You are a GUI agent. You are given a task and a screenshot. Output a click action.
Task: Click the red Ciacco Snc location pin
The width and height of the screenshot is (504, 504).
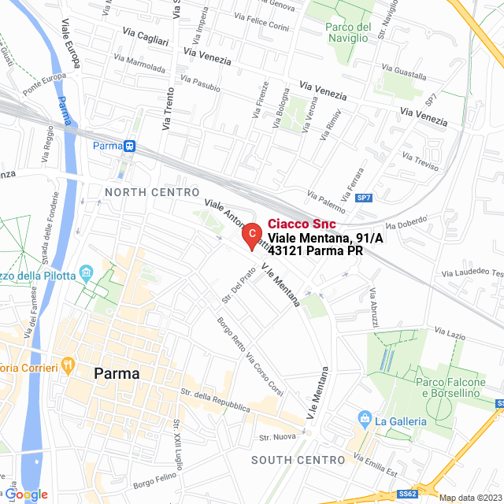[x=250, y=235]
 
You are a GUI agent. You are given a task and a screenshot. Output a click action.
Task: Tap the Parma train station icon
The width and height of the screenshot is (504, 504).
[x=130, y=146]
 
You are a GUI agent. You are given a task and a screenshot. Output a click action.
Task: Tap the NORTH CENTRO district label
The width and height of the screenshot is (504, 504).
[x=152, y=192]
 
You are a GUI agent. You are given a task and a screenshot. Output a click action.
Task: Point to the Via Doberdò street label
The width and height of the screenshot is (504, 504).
[x=406, y=223]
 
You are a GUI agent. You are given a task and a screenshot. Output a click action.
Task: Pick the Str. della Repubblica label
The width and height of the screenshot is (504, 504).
[x=215, y=401]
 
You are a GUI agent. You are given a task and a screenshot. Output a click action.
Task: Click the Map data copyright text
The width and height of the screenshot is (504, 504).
[x=470, y=498]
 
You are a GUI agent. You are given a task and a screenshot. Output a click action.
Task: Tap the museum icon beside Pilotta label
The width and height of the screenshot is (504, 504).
[x=87, y=274]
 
